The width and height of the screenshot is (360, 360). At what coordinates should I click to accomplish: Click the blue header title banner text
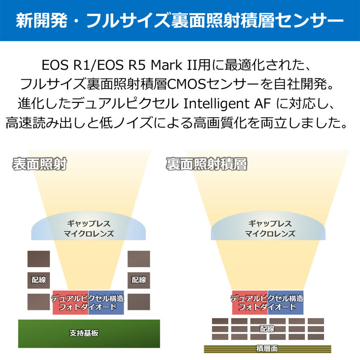180,21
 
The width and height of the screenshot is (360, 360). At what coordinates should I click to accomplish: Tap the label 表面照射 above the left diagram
39,164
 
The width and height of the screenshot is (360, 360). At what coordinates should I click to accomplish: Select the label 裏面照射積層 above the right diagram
206,164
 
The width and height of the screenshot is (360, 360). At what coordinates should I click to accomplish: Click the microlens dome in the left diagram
89,229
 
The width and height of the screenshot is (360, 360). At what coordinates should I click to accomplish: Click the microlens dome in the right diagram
268,229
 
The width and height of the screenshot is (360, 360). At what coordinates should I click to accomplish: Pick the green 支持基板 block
89,333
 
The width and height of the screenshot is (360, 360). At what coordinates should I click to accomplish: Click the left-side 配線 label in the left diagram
39,280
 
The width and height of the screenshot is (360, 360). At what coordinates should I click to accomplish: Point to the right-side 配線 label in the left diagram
138,280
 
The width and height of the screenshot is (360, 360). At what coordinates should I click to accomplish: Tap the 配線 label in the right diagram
267,329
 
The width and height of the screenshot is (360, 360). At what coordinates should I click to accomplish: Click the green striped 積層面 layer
267,349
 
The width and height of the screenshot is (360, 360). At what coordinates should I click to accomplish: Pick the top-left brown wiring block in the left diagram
39,259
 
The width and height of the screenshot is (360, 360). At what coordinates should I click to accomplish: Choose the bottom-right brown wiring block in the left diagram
138,302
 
